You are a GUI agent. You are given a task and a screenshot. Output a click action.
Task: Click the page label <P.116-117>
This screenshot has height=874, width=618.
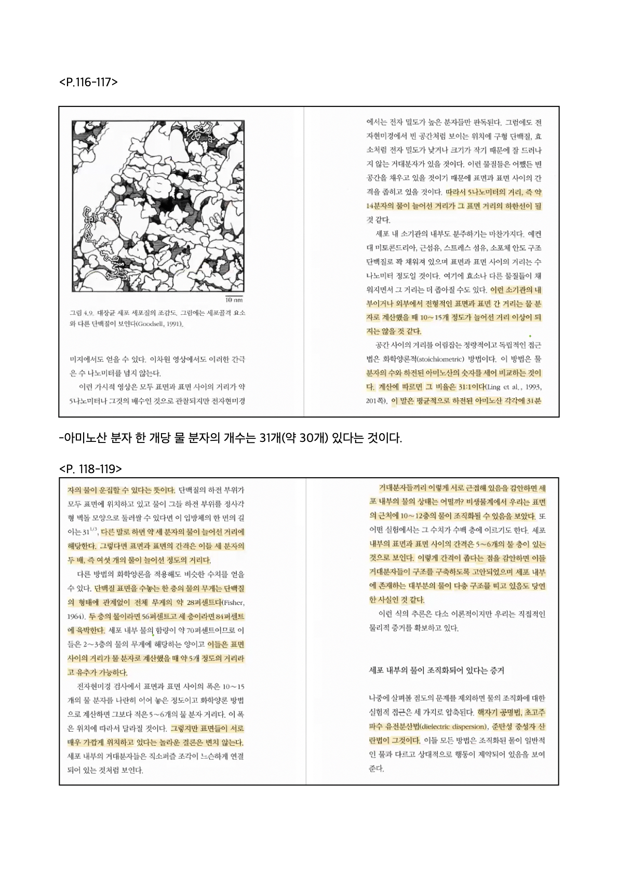point(89,82)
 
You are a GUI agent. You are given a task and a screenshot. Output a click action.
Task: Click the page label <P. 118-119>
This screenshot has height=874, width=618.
point(91,469)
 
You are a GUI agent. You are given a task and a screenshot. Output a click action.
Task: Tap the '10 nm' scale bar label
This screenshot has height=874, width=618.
point(234,300)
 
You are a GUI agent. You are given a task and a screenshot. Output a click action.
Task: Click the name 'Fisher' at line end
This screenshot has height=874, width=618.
point(233,602)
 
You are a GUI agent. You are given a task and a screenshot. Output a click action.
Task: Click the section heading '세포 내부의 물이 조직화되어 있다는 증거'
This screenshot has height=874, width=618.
point(436,670)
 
